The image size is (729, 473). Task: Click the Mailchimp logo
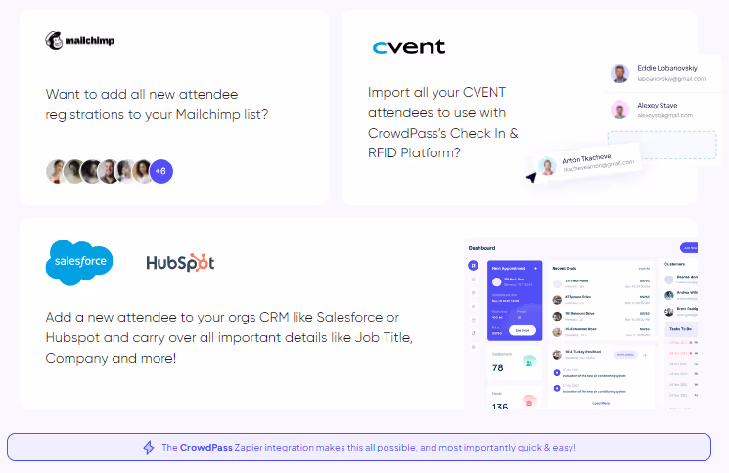click(81, 41)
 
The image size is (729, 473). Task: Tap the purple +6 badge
click(161, 171)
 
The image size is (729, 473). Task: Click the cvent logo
click(409, 47)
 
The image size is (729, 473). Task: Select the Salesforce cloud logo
click(79, 262)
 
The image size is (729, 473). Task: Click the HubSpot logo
click(180, 263)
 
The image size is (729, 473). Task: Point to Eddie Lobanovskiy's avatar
click(619, 73)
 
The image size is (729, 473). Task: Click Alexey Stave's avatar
click(619, 109)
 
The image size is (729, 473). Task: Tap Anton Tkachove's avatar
click(548, 165)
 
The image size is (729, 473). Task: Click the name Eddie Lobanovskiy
click(667, 68)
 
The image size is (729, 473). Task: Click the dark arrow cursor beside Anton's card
click(530, 178)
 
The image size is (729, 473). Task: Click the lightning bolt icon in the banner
click(149, 448)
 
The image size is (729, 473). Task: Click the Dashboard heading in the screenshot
click(482, 248)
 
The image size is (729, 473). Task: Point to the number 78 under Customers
click(498, 367)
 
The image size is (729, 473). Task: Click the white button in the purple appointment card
click(522, 330)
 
